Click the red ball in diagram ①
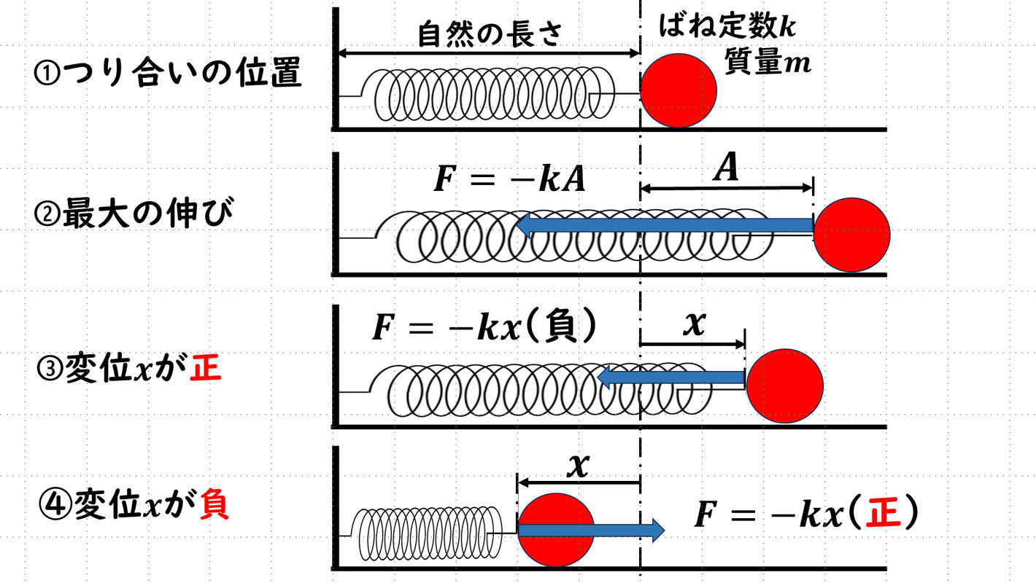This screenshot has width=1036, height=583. click(679, 90)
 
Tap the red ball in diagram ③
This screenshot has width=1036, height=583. click(784, 385)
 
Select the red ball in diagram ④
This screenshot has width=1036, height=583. click(554, 529)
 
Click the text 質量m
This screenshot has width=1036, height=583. click(767, 63)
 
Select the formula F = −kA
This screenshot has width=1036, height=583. click(509, 180)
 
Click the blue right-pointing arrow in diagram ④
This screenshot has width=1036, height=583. click(591, 530)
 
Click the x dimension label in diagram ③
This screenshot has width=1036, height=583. click(693, 325)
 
